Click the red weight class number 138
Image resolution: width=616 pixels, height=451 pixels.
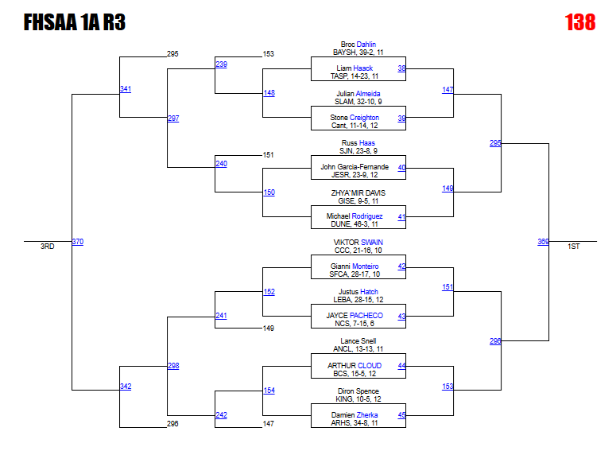pyautogui.click(x=579, y=22)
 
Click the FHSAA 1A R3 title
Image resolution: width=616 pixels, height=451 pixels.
pyautogui.click(x=75, y=22)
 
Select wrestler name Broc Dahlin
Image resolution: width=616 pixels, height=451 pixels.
pyautogui.click(x=358, y=45)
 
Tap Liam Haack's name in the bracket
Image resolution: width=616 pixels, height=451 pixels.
pyautogui.click(x=354, y=68)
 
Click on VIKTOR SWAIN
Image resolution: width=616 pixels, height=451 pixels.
pyautogui.click(x=358, y=242)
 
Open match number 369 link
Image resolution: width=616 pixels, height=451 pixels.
pyautogui.click(x=543, y=242)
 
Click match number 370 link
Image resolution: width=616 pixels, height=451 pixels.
pyautogui.click(x=77, y=242)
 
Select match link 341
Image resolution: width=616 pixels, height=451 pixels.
pyautogui.click(x=126, y=88)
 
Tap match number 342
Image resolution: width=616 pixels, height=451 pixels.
pyautogui.click(x=126, y=387)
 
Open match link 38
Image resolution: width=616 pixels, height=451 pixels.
pyautogui.click(x=401, y=68)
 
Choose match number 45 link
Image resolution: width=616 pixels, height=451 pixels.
pyautogui.click(x=401, y=415)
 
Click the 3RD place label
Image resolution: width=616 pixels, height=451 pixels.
pyautogui.click(x=48, y=247)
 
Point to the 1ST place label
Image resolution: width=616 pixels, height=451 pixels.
pyautogui.click(x=574, y=247)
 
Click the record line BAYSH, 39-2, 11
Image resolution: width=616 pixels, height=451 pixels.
pyautogui.click(x=358, y=52)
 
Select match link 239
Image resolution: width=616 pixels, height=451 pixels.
pyautogui.click(x=221, y=64)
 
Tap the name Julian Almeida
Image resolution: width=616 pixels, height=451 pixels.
pyautogui.click(x=358, y=94)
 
